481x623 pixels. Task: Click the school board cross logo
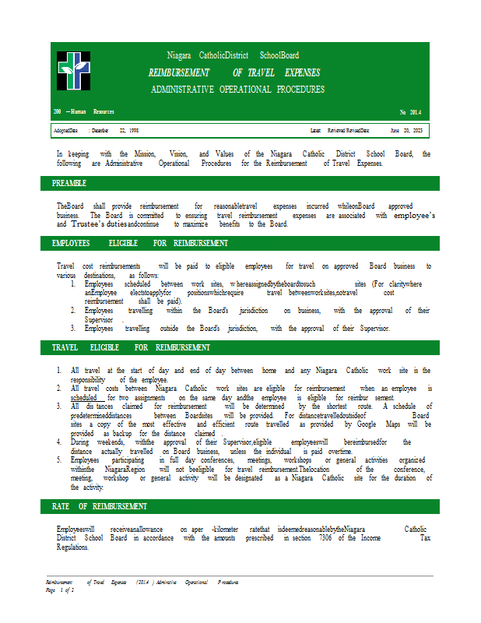pos(73,71)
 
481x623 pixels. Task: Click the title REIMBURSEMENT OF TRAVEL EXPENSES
pos(233,72)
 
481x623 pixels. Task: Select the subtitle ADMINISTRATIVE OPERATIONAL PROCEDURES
pos(237,90)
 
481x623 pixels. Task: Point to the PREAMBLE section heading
pos(69,184)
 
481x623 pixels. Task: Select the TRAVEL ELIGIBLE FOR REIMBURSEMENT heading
pos(131,347)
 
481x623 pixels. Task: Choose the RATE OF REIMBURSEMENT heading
pos(100,507)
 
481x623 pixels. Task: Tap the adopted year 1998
pos(134,131)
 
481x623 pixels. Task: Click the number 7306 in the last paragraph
pos(325,538)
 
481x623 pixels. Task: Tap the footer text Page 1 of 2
pos(61,591)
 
